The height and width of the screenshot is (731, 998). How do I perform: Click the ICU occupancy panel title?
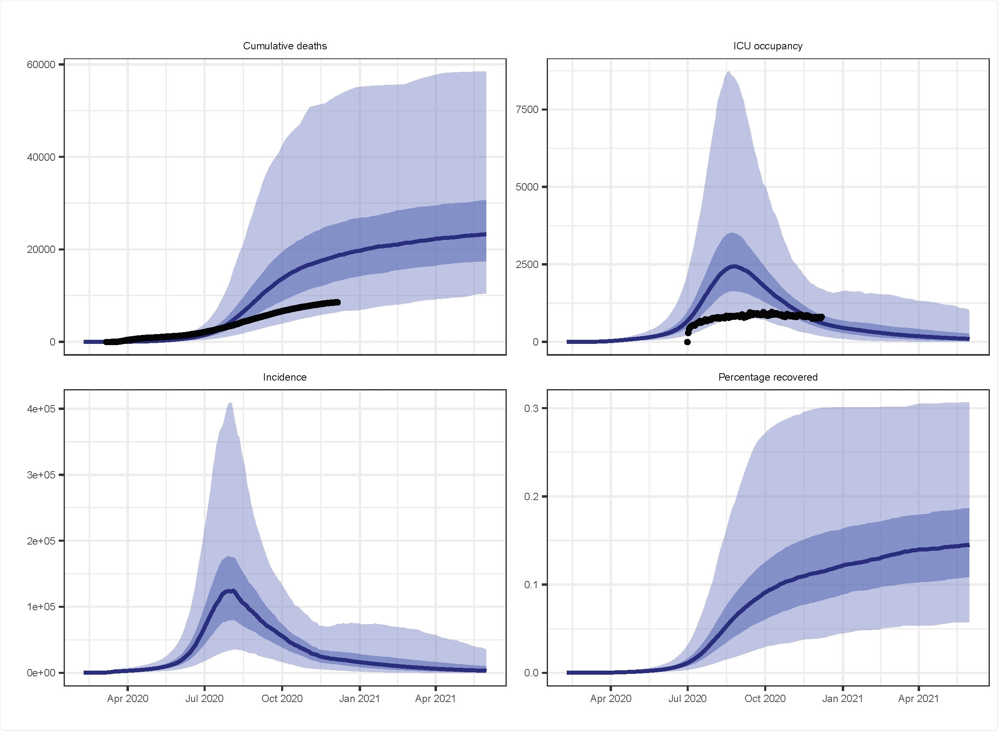pos(767,46)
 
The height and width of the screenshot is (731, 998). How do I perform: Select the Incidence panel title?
pos(284,377)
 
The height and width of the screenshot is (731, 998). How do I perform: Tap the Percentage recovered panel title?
pos(767,377)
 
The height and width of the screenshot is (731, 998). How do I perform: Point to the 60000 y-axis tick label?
pos(41,64)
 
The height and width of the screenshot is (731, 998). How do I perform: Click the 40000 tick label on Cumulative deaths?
pos(41,157)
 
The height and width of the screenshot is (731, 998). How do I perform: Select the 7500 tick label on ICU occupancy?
pos(527,110)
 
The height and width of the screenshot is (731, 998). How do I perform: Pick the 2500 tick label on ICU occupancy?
pos(527,265)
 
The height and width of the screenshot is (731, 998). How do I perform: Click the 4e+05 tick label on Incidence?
pos(41,409)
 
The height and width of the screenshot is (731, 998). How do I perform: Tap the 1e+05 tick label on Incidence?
pos(41,607)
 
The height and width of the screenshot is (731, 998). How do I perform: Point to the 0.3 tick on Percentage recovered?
pos(531,408)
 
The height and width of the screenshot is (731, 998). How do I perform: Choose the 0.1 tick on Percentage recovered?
pos(531,585)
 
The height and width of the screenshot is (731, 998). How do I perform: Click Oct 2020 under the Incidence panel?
pos(282,699)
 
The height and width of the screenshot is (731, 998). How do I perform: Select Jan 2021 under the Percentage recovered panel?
pos(842,699)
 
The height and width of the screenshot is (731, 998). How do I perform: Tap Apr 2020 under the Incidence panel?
pos(127,699)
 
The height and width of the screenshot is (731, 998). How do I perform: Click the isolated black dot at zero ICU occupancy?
pos(688,341)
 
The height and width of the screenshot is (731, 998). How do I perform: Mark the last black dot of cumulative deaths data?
pos(338,302)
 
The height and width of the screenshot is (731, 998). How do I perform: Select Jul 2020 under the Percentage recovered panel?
pos(688,699)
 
